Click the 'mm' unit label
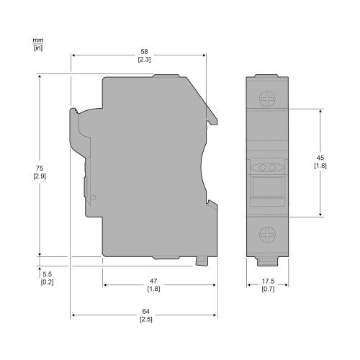click(x=37, y=40)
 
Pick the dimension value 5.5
click(x=48, y=274)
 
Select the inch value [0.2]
click(x=48, y=282)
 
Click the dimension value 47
click(x=153, y=280)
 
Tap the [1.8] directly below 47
click(x=153, y=289)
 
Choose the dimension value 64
click(x=145, y=311)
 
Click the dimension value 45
click(x=320, y=158)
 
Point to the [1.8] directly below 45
click(x=320, y=166)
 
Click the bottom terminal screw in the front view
click(x=268, y=234)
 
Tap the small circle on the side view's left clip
click(x=93, y=197)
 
